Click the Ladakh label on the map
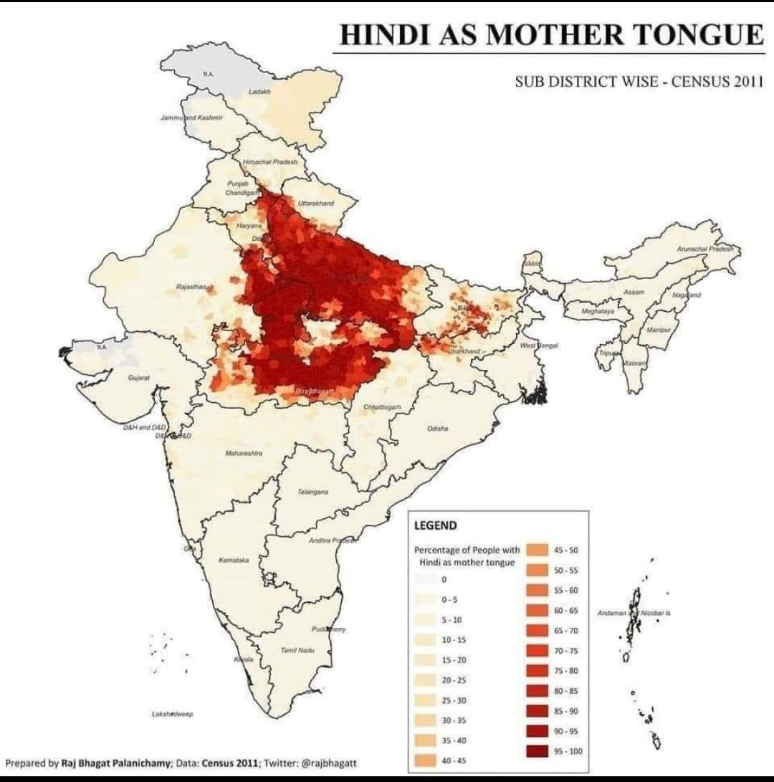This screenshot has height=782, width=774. pyautogui.click(x=258, y=92)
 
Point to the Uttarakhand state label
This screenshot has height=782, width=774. pyautogui.click(x=315, y=204)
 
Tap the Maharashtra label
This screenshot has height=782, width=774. pyautogui.click(x=244, y=454)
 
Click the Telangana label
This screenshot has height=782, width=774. pyautogui.click(x=312, y=492)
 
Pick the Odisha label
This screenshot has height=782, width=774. pyautogui.click(x=437, y=428)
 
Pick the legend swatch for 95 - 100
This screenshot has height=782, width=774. pyautogui.click(x=538, y=750)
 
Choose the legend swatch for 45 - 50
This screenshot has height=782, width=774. pyautogui.click(x=538, y=550)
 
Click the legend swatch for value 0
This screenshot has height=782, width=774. pyautogui.click(x=426, y=578)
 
